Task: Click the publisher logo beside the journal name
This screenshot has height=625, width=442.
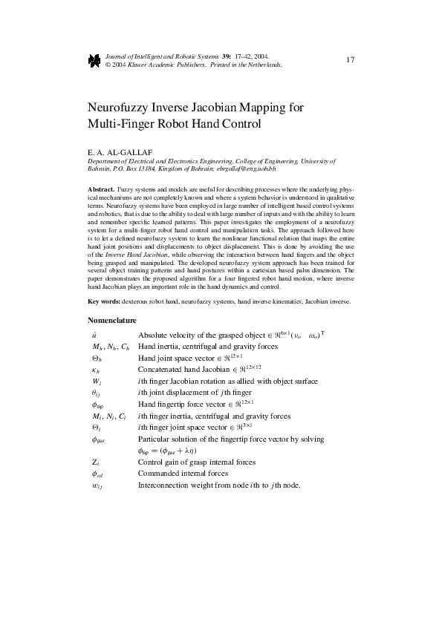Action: click(x=94, y=61)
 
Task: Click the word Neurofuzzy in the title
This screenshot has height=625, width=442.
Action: click(x=120, y=107)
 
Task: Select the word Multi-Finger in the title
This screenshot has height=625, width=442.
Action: click(x=119, y=123)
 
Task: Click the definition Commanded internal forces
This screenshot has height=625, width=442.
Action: click(x=184, y=474)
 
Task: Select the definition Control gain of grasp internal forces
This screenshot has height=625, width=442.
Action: click(x=197, y=462)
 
